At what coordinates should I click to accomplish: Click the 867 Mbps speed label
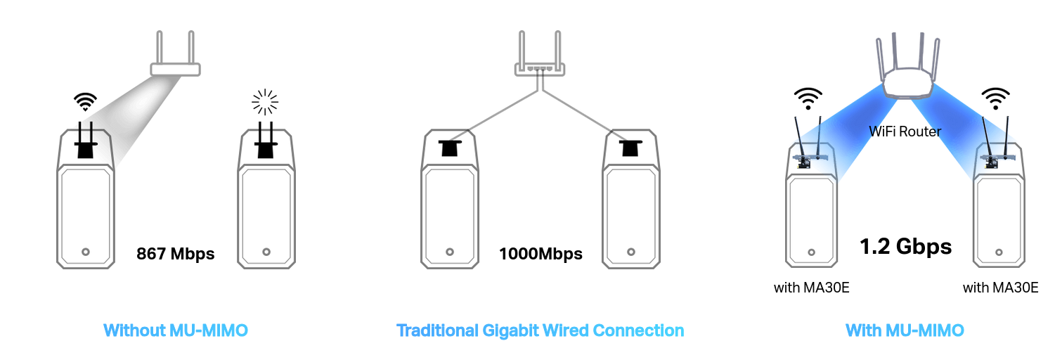click(x=175, y=254)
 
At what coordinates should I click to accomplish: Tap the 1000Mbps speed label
click(x=541, y=254)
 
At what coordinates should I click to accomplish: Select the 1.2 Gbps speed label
click(x=906, y=246)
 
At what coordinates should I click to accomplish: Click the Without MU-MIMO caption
click(x=176, y=330)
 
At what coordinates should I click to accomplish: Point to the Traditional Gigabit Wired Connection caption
click(x=541, y=330)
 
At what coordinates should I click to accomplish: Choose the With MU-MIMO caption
click(x=905, y=330)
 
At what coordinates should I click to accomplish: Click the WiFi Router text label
click(x=905, y=131)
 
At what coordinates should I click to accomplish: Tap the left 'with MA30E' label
click(x=812, y=288)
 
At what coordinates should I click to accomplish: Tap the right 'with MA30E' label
click(x=1000, y=288)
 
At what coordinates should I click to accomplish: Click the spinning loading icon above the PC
click(x=265, y=102)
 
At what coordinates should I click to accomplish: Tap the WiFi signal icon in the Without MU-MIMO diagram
click(x=85, y=101)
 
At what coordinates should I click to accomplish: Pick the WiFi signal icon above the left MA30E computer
click(x=808, y=98)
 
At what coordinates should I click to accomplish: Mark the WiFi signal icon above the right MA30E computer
click(x=996, y=98)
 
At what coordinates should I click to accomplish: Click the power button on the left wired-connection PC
click(x=450, y=252)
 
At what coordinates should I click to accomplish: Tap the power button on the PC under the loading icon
click(x=266, y=252)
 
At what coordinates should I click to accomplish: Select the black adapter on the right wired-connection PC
click(x=630, y=148)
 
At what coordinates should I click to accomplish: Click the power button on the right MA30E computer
click(x=999, y=252)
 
